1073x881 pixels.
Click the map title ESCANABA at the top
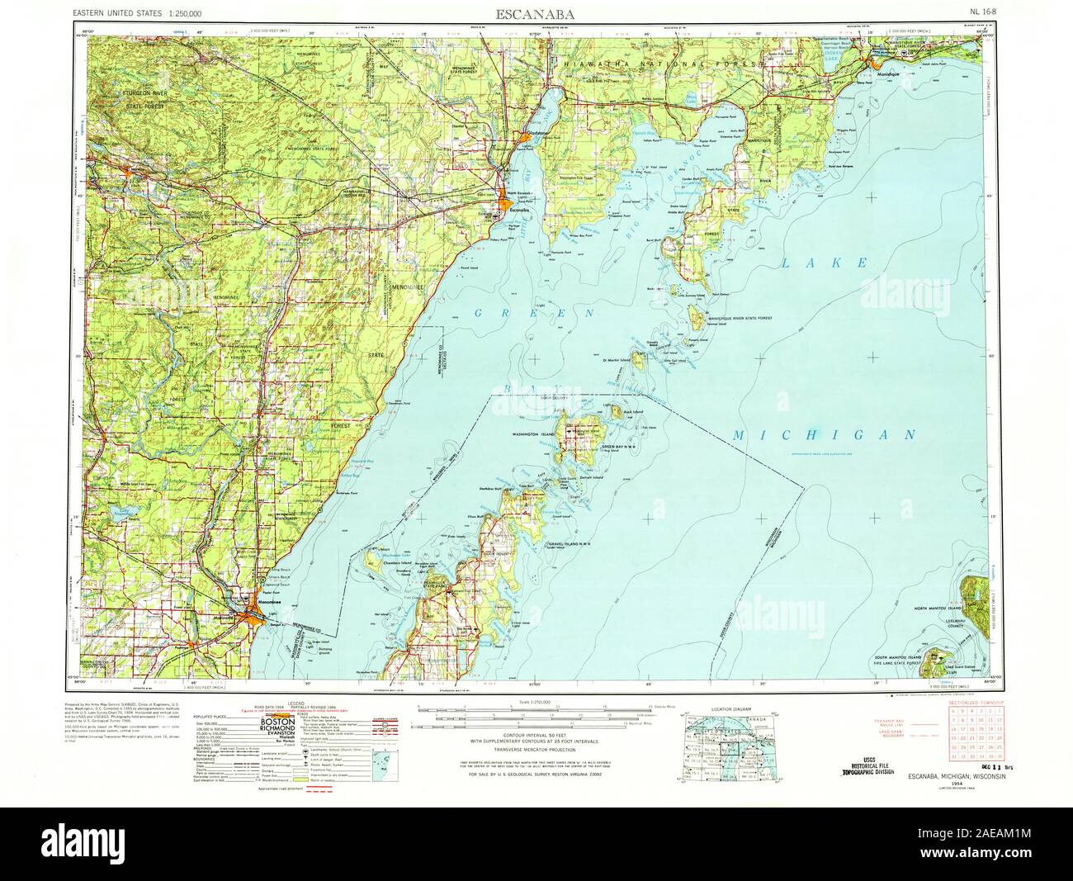pyautogui.click(x=536, y=15)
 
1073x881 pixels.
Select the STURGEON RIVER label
pyautogui.click(x=144, y=96)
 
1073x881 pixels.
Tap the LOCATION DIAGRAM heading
pyautogui.click(x=731, y=708)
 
